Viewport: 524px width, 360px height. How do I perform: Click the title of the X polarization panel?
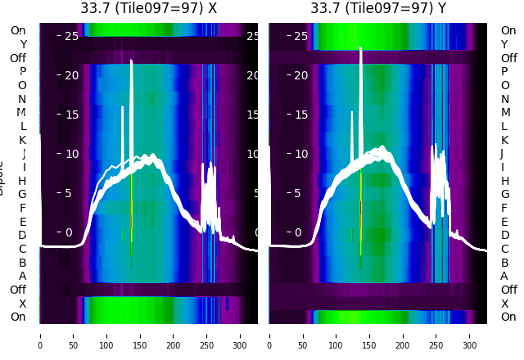(x=148, y=8)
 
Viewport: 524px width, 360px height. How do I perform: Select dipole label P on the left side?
(x=22, y=71)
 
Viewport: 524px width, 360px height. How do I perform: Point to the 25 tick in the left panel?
(x=71, y=36)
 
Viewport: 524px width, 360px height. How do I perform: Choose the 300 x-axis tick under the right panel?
(x=470, y=335)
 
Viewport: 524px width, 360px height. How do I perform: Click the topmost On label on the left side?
(x=18, y=30)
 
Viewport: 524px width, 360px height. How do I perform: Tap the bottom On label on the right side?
(x=508, y=317)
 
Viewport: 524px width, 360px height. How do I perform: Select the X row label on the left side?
(x=22, y=304)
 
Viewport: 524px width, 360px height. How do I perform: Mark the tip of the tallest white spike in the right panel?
(x=360, y=47)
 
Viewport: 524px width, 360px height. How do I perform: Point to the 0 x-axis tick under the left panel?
(x=40, y=335)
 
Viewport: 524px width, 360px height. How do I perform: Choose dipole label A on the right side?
(x=504, y=276)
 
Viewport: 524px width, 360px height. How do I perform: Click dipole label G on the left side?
(x=22, y=194)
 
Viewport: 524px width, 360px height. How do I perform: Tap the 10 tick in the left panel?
(x=71, y=154)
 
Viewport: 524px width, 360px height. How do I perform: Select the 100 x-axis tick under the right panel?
(x=337, y=335)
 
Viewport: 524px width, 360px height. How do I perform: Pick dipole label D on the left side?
(x=22, y=235)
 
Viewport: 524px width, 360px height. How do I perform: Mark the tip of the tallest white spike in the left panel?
(x=131, y=61)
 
